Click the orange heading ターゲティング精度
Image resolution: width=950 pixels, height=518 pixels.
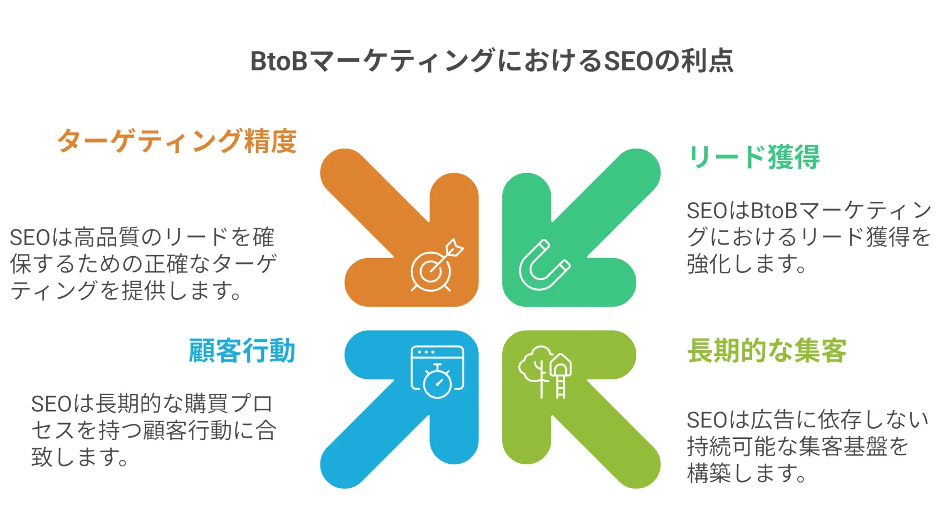177,141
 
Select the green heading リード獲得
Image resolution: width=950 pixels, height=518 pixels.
754,157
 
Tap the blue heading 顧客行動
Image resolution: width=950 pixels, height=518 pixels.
242,351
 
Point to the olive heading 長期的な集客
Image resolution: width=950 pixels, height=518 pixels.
767,351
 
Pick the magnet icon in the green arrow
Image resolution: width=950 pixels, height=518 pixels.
544,265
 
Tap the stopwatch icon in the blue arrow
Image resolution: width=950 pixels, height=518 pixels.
437,373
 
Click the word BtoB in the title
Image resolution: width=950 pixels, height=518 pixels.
279,61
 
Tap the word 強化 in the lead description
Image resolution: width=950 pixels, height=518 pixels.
709,264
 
